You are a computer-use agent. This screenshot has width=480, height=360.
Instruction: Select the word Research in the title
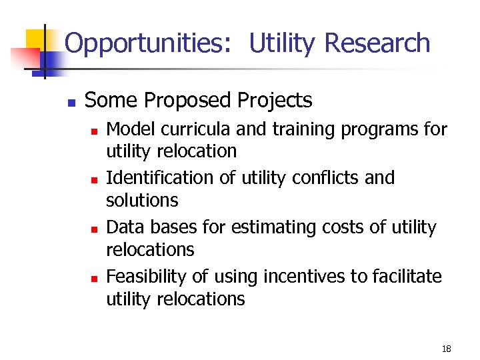tap(377, 43)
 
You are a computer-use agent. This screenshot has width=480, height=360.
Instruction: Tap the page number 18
tap(446, 349)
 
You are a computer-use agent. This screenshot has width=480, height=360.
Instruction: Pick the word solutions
tap(142, 200)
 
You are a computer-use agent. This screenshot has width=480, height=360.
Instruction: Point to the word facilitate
tap(409, 277)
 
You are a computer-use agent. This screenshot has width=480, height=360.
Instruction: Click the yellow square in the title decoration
tap(36, 41)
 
